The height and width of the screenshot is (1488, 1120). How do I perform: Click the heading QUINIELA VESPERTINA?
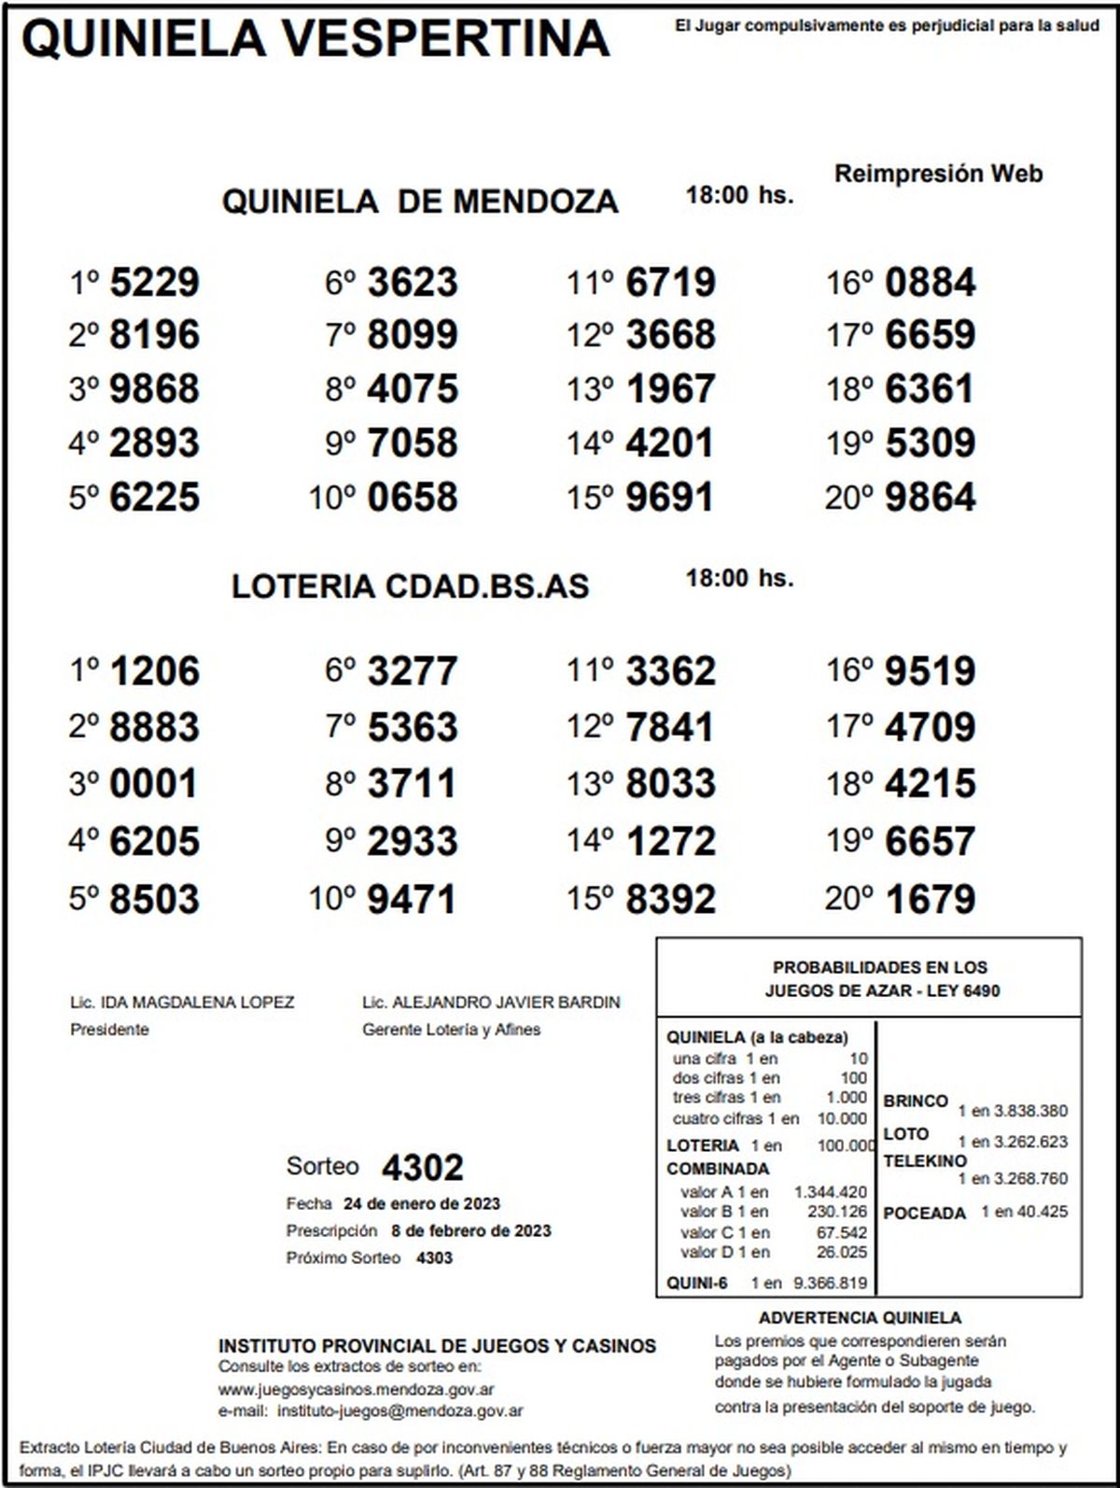(x=315, y=39)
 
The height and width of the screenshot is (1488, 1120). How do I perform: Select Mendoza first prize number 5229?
(x=154, y=282)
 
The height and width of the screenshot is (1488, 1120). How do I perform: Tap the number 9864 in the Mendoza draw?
(x=930, y=497)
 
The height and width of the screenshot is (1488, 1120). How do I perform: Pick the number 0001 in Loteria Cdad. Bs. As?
(x=154, y=783)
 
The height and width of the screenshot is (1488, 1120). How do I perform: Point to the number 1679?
(x=930, y=899)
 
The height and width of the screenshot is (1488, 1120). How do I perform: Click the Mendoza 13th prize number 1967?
(x=670, y=389)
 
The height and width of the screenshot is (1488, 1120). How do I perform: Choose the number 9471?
(x=412, y=899)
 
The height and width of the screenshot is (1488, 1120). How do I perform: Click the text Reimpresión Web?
(x=938, y=174)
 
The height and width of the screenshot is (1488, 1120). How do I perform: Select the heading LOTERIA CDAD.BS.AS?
(x=411, y=586)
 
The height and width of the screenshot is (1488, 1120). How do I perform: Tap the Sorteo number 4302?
(x=422, y=1168)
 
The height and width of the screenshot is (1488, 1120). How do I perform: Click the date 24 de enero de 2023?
(x=421, y=1203)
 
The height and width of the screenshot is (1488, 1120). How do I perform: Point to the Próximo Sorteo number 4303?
(x=434, y=1257)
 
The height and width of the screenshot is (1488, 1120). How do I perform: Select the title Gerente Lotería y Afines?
(x=451, y=1030)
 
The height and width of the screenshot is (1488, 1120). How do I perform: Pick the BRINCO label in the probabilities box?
(x=915, y=1101)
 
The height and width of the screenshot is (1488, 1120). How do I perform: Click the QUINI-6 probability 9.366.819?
(x=830, y=1283)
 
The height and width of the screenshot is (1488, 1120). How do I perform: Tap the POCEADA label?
(x=924, y=1214)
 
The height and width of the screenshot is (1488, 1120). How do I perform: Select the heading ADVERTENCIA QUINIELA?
(x=860, y=1318)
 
